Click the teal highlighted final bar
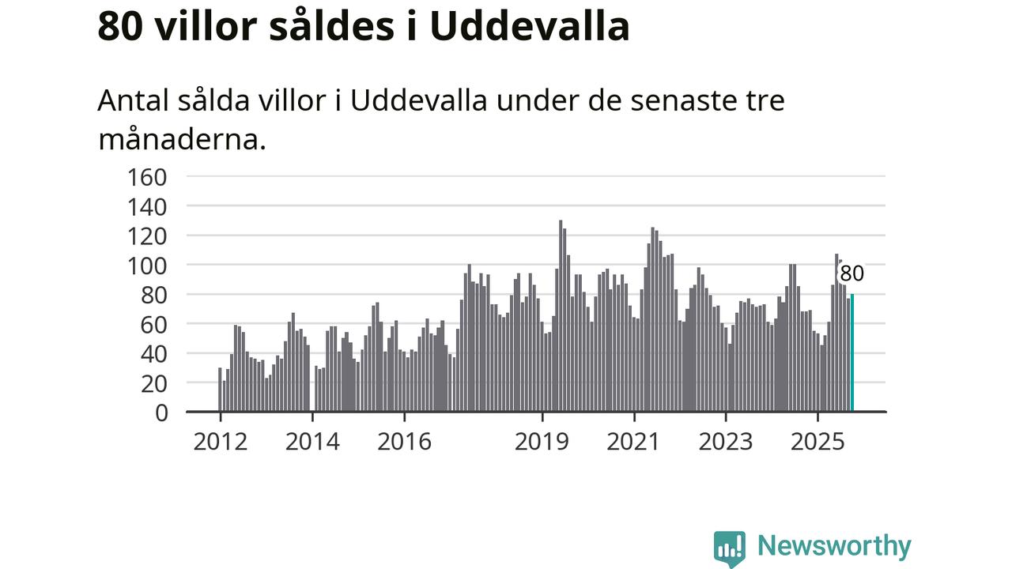pos(852,352)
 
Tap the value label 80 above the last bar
pos(852,274)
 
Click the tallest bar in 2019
pos(561,316)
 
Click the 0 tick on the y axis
pos(161,412)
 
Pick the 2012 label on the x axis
pos(220,441)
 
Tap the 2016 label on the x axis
pos(404,441)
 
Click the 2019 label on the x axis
pos(542,441)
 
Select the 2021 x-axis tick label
pos(633,441)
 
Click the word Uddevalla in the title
pos(530,26)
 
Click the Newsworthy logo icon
pos(729,548)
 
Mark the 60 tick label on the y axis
pos(156,324)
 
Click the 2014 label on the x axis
pos(312,441)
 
